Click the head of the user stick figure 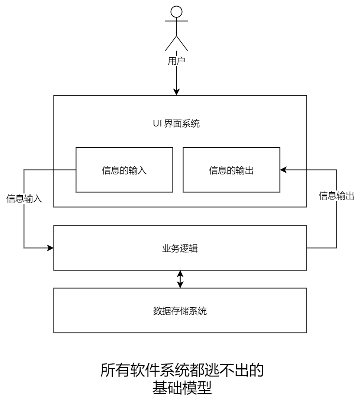coord(176,11)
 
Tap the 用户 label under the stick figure coord(176,61)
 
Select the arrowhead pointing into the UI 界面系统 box coord(176,92)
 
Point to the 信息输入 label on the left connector coord(24,199)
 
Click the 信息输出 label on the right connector coord(337,196)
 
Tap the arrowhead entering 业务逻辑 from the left coord(50,247)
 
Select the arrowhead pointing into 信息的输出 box coord(283,170)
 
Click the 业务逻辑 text coord(180,248)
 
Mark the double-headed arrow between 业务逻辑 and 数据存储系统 coord(180,279)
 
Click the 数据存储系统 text coord(180,311)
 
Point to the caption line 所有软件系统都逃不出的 coord(182,371)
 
